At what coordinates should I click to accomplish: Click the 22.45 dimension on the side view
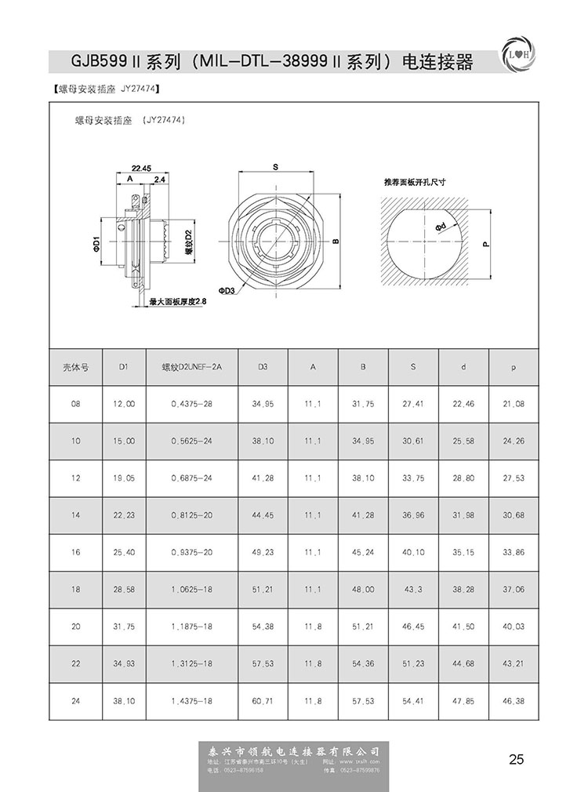(x=141, y=168)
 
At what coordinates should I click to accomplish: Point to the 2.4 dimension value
(x=159, y=180)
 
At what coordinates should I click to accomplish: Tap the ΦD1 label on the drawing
(x=95, y=243)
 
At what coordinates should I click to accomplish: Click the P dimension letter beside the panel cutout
(x=487, y=244)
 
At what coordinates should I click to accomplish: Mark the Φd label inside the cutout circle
(x=441, y=227)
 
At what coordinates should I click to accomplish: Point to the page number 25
(x=516, y=759)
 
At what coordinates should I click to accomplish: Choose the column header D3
(x=263, y=366)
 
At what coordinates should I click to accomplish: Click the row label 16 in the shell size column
(x=76, y=552)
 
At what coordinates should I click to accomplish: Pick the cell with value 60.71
(x=263, y=701)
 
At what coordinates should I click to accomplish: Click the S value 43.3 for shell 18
(x=413, y=590)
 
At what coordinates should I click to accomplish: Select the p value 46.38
(x=514, y=701)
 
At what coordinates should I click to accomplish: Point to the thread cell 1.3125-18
(x=192, y=664)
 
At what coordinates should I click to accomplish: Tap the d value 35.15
(x=463, y=552)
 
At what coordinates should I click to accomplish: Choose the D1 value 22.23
(x=124, y=515)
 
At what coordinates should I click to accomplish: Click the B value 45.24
(x=363, y=552)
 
